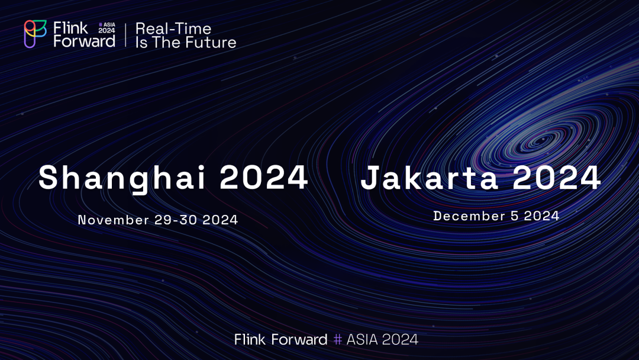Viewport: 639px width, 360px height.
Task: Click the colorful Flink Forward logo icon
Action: tap(35, 34)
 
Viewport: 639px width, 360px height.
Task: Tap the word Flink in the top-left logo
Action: tap(70, 28)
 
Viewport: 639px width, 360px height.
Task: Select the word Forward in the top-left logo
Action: tap(85, 41)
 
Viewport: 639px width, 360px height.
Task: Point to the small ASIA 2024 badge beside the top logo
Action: tap(106, 28)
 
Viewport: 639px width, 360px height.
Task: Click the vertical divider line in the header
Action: tap(125, 35)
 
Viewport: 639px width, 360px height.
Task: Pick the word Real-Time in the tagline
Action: tap(173, 28)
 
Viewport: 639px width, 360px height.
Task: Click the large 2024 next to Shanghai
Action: tap(264, 178)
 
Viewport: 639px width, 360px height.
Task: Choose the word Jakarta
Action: tap(429, 178)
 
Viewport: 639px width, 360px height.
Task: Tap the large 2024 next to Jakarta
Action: tap(557, 178)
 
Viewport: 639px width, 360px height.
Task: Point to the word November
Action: tap(114, 220)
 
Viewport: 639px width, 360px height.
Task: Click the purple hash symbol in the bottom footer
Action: tap(337, 339)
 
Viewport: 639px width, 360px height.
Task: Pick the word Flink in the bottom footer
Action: tap(250, 339)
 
